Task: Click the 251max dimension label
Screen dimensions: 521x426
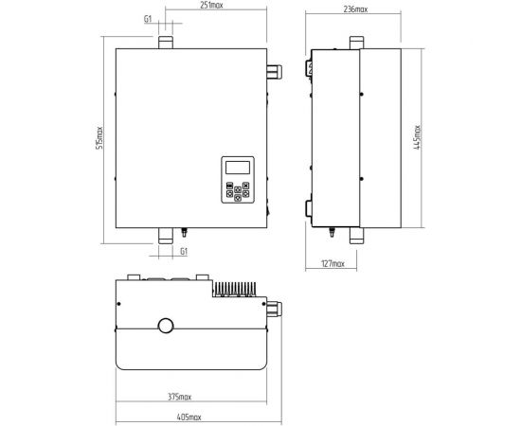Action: pos(211,5)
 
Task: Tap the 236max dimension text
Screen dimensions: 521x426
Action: pos(355,9)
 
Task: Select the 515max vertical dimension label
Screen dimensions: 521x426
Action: pos(99,138)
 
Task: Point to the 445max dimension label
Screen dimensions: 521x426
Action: pos(417,137)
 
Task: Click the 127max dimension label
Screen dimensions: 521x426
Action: pos(332,263)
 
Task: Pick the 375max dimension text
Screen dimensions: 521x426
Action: pos(179,397)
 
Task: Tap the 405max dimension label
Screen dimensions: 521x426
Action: pos(189,417)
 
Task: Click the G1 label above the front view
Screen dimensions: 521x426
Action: pos(148,19)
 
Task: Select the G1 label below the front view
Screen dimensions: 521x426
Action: pos(184,252)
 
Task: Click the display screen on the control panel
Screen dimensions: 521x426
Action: pos(238,168)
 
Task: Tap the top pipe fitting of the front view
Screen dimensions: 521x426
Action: pos(166,43)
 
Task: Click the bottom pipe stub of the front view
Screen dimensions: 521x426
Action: pos(166,236)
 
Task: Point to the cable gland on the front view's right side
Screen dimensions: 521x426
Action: pos(275,72)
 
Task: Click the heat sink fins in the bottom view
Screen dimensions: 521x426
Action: pos(234,289)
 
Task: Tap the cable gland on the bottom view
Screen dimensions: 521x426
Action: pos(275,309)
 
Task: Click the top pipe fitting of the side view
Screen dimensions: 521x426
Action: pos(357,43)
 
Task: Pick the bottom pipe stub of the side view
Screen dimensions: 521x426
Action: pos(357,236)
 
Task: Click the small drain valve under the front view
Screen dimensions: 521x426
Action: pos(184,232)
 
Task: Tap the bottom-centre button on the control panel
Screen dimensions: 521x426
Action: pos(238,198)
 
